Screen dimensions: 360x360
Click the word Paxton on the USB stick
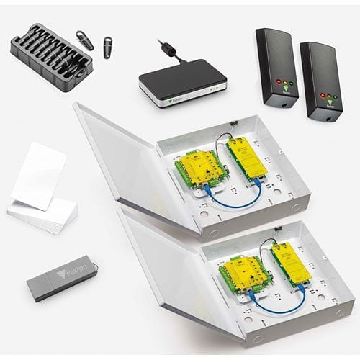(76, 274)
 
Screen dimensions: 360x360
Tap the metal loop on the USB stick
(93, 266)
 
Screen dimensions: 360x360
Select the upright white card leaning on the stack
(38, 176)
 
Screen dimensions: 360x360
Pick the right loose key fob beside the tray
(109, 48)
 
